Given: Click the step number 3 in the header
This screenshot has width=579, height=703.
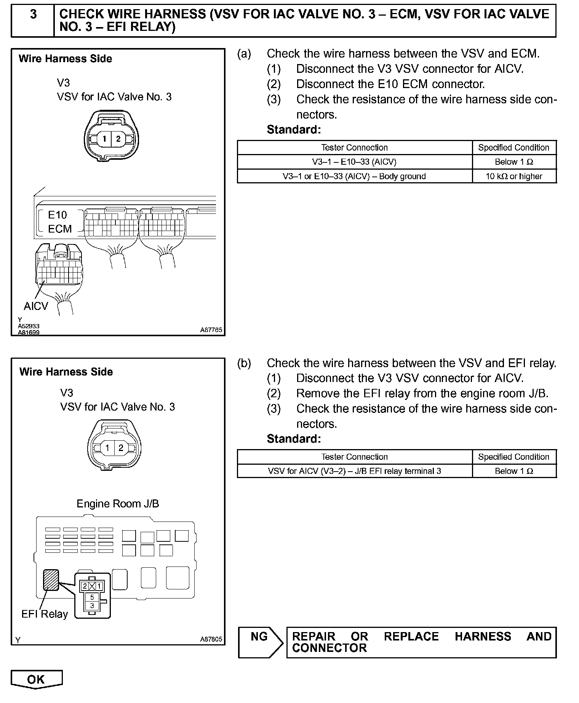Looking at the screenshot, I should pos(33,14).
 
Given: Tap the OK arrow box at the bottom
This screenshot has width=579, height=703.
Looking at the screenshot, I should pos(36,679).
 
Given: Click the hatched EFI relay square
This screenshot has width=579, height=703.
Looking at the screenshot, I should pos(51,579).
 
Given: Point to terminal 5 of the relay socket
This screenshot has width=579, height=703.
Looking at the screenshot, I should pos(92,597).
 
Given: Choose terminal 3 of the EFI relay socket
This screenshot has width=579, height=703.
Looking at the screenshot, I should pos(92,605).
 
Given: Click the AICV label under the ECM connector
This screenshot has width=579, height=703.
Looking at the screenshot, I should pos(36,306).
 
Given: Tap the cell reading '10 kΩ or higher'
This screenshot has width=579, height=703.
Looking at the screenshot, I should pos(514,176).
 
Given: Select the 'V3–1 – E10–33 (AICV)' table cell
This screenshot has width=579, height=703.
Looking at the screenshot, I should pos(354,162).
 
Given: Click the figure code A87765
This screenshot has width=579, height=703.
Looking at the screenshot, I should pos(211,330).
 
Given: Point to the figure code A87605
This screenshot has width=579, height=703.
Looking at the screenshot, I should pos(211,639).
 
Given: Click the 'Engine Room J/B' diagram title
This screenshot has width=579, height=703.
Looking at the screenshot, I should pos(118,504).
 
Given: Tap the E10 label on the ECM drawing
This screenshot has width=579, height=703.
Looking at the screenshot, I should pos(58,215).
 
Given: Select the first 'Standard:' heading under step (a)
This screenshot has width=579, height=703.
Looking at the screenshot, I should pos(294,130).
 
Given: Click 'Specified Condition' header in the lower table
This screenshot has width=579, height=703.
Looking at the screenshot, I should pos(513,457).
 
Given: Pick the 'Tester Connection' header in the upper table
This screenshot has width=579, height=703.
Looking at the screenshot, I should pos(354,148).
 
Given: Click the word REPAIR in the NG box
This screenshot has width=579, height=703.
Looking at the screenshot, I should pos(313,637).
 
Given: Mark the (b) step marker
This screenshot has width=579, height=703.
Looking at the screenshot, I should pos(244,363).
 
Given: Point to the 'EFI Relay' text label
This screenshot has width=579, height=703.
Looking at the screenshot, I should pos(45,614).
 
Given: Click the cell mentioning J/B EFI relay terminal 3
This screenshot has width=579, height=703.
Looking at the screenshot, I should pos(354,471).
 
